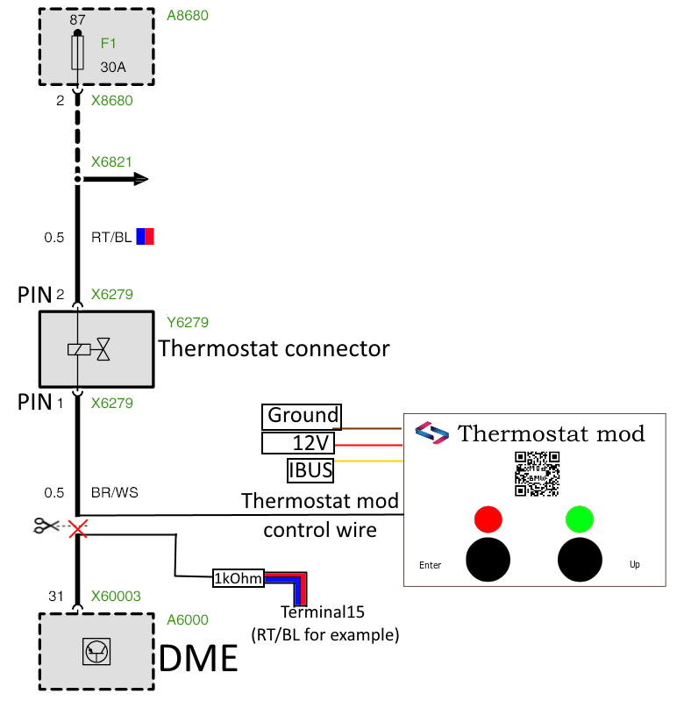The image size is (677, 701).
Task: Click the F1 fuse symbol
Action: coord(78,53)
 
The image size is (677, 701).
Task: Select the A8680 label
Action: coord(188,15)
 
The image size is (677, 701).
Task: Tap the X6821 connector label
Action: coord(111,162)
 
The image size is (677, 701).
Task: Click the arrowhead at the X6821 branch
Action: coord(139,179)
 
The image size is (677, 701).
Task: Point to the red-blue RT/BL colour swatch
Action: coord(145,236)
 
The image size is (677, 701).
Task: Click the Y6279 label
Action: coord(188,322)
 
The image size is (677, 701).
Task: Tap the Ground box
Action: coord(302,416)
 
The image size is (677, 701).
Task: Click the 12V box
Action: coord(302,443)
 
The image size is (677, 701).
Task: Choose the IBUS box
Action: coord(310,470)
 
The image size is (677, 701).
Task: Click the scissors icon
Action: coord(44,526)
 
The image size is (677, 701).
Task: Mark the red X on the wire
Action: coord(78,527)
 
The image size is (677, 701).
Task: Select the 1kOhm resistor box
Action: coord(238,578)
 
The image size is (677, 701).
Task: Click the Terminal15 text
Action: coord(322,612)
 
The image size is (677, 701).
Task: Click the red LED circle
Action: coord(488,519)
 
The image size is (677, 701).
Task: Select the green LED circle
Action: coord(580,519)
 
